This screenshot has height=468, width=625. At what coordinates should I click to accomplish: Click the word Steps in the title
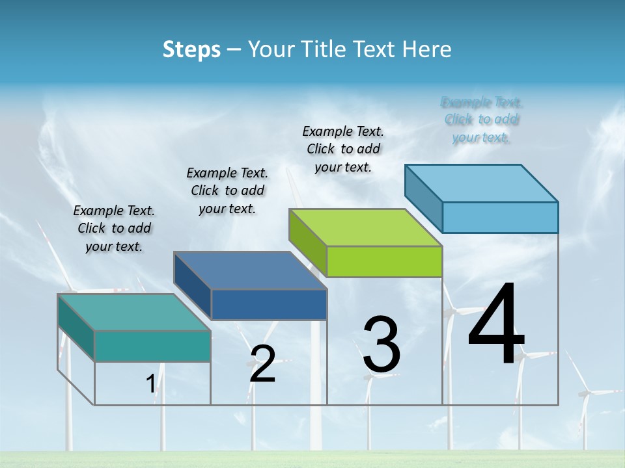pos(191,49)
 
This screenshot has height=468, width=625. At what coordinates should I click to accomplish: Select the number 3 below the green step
pos(381,344)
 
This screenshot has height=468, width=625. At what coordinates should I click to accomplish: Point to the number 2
pos(262,364)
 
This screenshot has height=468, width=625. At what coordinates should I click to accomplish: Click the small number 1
pos(150,383)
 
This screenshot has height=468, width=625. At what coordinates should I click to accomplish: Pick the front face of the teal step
pos(152,346)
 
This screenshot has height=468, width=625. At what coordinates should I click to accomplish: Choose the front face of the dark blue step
pos(269,304)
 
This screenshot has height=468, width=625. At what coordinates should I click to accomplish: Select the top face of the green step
pos(365,227)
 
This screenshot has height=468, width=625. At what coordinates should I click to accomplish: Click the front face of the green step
pos(384,261)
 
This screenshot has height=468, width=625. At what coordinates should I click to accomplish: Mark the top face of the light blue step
pos(481,183)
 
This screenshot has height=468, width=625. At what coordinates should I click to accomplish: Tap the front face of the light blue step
pos(500,217)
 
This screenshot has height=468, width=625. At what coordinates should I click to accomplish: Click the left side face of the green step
pos(307,242)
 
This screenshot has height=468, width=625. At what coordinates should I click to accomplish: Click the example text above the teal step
pos(114,228)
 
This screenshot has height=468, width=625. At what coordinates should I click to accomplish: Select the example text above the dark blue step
pos(227,190)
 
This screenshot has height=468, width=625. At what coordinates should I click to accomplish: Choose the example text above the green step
pos(343,149)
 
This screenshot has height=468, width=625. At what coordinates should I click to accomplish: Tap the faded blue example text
pos(481,120)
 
